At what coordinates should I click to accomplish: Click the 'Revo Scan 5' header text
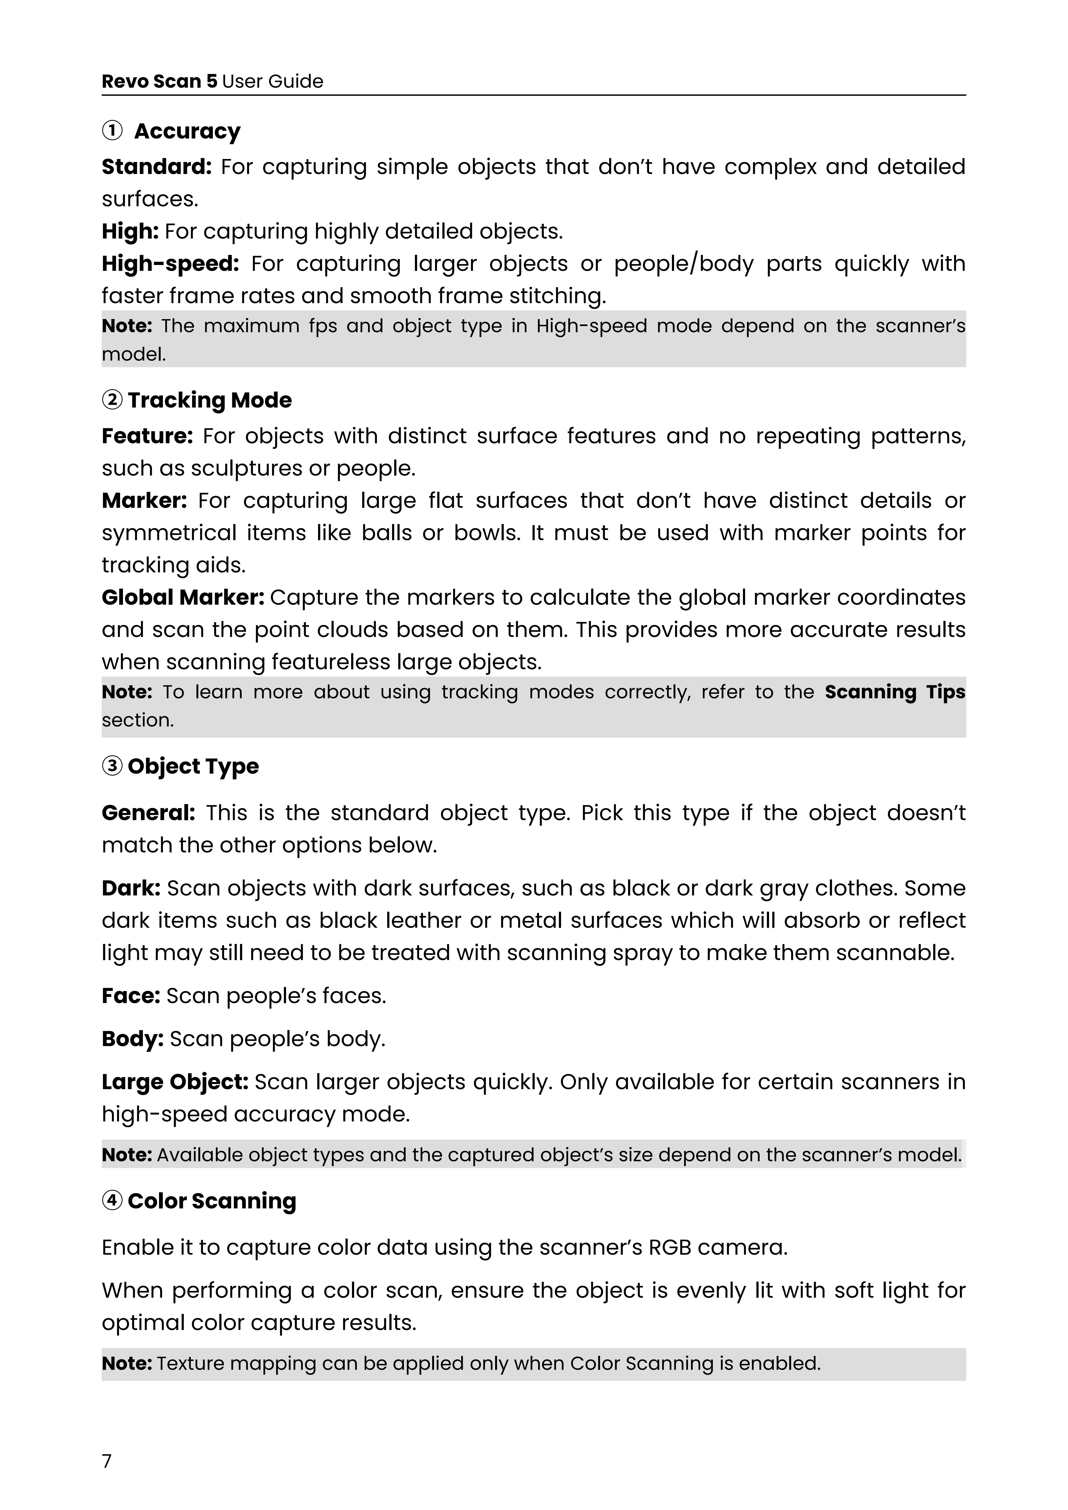159,82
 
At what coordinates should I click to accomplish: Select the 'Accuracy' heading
188,132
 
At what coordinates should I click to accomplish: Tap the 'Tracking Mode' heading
209,401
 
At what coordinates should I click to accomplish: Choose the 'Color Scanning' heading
212,1201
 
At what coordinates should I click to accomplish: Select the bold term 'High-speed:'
170,264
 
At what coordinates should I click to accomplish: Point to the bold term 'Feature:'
147,436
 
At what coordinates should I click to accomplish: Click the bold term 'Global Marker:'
183,598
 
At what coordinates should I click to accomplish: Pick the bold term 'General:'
148,814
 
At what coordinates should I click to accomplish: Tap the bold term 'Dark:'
131,889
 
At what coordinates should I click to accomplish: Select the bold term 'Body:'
132,1040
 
